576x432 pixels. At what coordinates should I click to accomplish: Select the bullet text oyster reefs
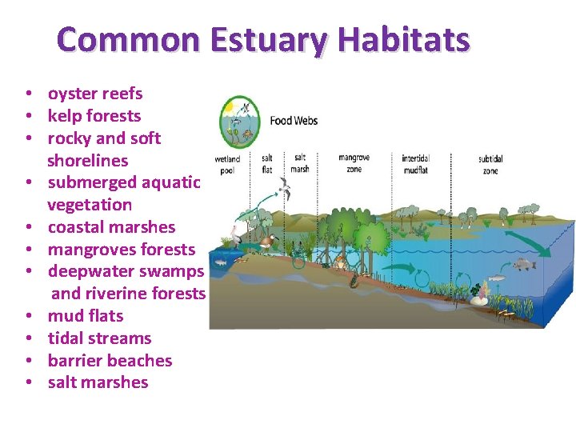(95, 94)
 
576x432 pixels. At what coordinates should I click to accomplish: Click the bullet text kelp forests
(94, 116)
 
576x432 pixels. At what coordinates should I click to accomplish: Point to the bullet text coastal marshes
(111, 227)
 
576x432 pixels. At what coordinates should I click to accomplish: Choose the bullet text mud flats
(86, 316)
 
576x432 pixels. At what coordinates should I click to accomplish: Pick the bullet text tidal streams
(99, 338)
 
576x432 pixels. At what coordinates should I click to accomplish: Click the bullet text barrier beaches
(110, 361)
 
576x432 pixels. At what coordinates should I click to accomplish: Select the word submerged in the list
(91, 182)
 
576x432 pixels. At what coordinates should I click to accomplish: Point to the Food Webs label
(294, 121)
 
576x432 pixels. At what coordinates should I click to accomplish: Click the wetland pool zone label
(227, 164)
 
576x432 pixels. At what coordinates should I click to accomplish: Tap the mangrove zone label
(354, 163)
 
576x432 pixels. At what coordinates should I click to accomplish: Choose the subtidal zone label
(490, 164)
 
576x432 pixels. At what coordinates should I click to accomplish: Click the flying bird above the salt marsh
(282, 189)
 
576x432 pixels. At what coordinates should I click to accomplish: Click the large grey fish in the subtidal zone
(523, 263)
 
